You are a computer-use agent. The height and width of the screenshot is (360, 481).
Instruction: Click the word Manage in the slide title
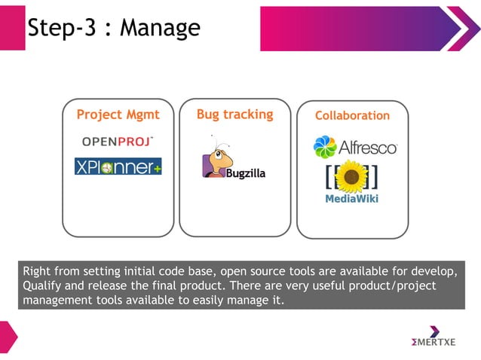[x=160, y=28]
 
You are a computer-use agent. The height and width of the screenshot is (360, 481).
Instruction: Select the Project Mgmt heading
[x=118, y=115]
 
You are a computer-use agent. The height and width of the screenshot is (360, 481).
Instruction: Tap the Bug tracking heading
[x=234, y=114]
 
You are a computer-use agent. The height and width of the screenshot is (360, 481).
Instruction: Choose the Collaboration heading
[x=352, y=116]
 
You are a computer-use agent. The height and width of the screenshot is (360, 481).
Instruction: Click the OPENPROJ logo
[x=118, y=141]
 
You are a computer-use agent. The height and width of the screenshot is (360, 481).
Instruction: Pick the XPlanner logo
[x=118, y=166]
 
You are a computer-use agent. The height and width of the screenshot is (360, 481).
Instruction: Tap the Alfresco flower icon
[x=325, y=146]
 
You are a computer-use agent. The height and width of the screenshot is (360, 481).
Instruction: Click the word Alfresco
[x=367, y=147]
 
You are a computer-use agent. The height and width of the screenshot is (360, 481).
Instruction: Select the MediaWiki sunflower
[x=351, y=176]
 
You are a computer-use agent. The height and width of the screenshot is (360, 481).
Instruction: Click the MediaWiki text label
[x=351, y=200]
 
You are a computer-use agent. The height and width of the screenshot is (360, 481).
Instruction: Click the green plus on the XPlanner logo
[x=158, y=169]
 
